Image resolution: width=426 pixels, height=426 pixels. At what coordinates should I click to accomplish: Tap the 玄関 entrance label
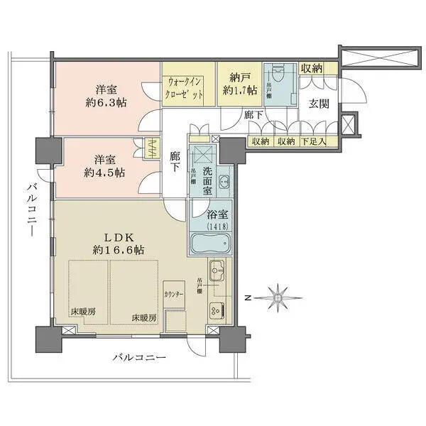click(x=319, y=104)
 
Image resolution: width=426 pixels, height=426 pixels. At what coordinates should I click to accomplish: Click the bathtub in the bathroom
click(x=210, y=244)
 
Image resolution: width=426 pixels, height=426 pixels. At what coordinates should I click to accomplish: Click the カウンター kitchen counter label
click(x=173, y=293)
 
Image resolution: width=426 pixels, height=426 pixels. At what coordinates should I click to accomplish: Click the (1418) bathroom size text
click(x=210, y=225)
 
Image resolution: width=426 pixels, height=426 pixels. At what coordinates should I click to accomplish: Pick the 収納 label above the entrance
click(x=312, y=68)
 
